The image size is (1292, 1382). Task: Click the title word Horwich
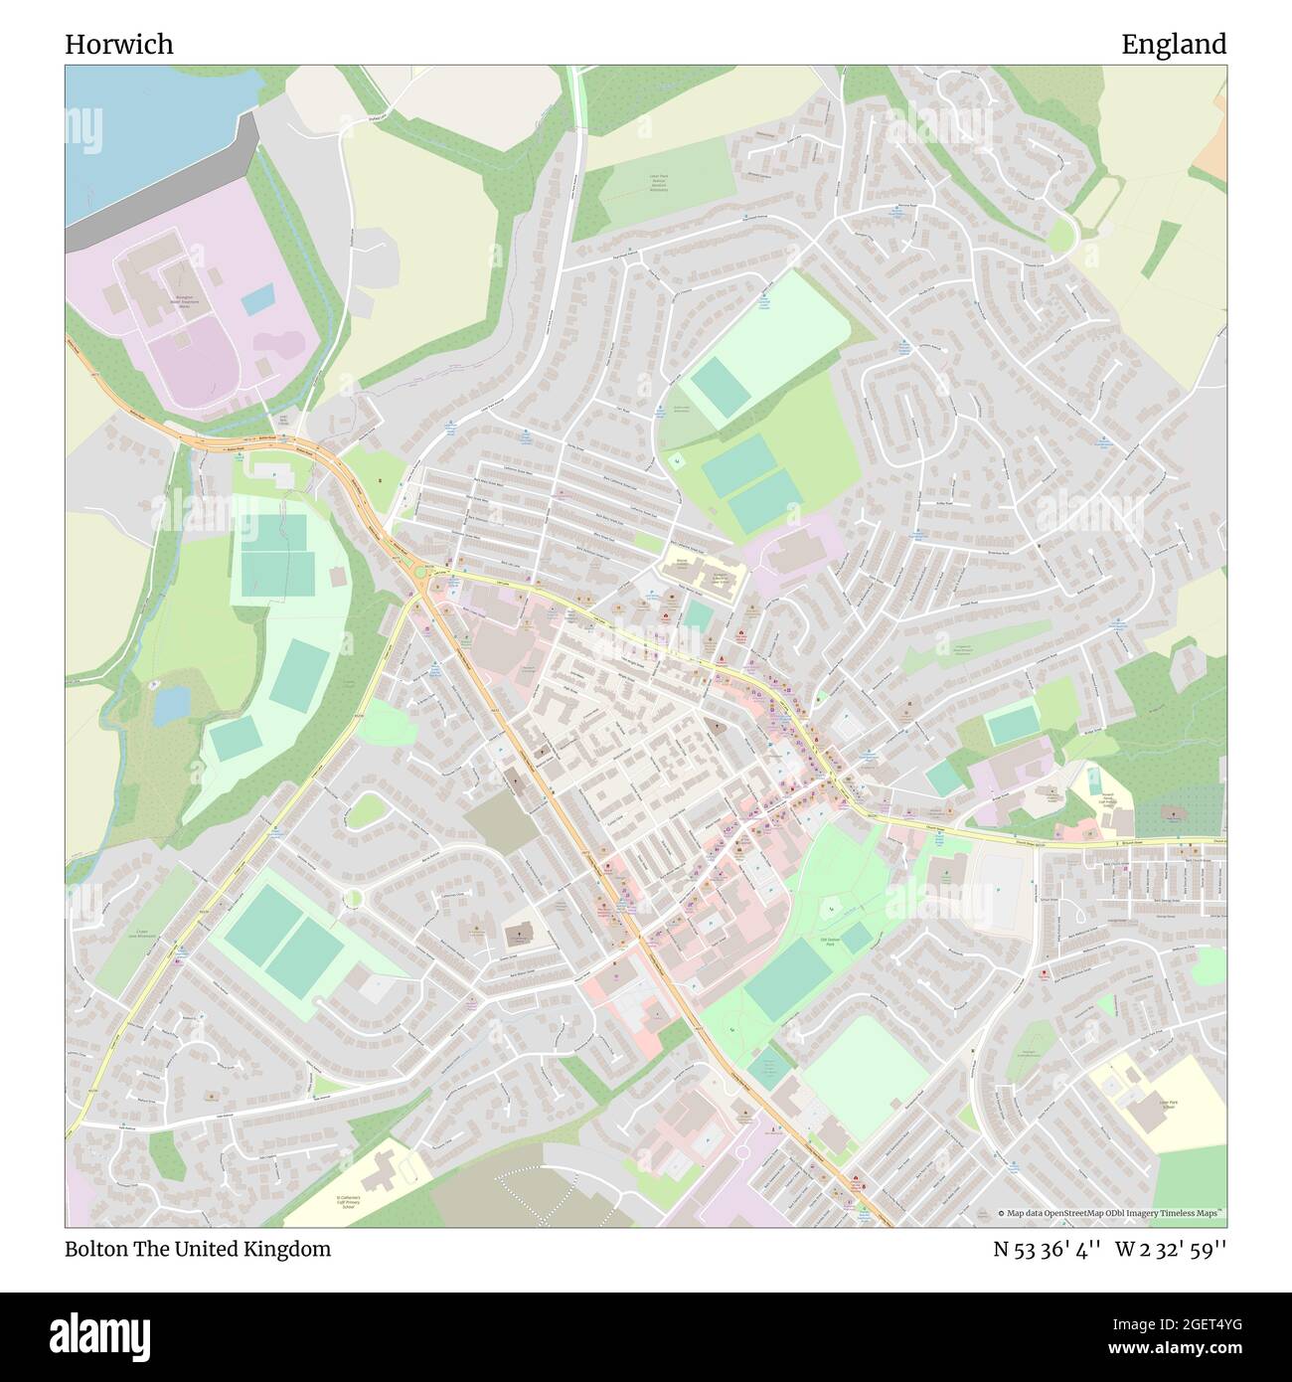coord(119,44)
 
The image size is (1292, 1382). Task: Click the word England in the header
coord(1174,44)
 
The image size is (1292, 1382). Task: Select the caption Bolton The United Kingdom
coord(198,1249)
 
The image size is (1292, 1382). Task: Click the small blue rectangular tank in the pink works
coord(256,297)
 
